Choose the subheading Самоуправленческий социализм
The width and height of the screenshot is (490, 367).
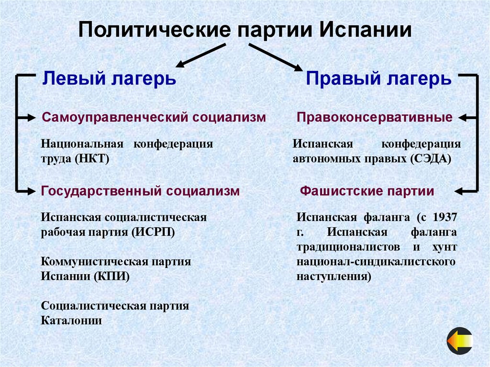[154, 117]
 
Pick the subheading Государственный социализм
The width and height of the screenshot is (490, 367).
[140, 191]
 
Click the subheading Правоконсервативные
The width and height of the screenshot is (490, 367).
[375, 117]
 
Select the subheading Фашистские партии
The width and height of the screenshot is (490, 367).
[367, 191]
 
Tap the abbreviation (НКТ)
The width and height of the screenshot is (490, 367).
[92, 158]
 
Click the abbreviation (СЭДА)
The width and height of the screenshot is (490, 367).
[430, 158]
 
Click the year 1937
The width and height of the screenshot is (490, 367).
[445, 217]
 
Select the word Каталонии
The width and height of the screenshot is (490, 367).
[71, 321]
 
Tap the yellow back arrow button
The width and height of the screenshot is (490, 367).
[460, 341]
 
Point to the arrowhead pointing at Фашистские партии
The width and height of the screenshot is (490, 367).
[459, 191]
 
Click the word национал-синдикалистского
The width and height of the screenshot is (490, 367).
[376, 262]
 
